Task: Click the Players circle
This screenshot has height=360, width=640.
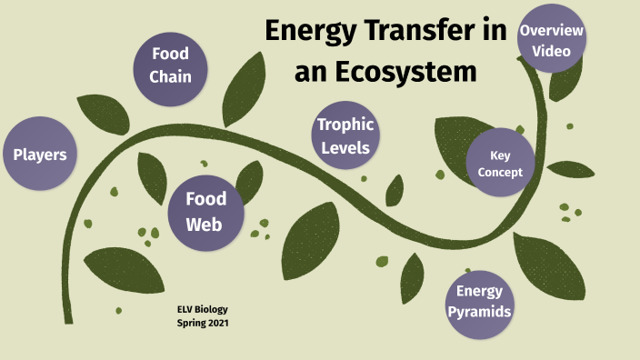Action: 39,155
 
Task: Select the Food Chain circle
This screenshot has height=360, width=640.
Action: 171,65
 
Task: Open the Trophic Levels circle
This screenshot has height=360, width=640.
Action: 345,135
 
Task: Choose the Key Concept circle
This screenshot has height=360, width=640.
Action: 500,164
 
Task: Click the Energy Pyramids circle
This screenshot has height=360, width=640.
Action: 480,302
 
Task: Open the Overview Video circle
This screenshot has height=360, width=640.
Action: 551,40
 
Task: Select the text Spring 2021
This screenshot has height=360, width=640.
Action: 203,323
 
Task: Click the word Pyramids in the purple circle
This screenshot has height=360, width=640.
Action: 480,312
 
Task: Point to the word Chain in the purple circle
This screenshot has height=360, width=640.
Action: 171,76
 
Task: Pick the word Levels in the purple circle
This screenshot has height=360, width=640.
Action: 345,146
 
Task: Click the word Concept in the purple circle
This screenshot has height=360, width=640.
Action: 500,172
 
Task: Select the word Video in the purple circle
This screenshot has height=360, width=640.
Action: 552,50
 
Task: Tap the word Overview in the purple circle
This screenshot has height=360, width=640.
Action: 551,31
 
